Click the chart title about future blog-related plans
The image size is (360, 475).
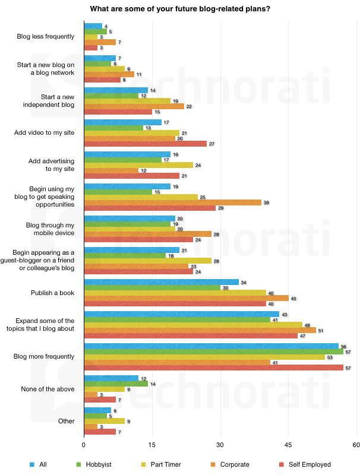(x=179, y=9)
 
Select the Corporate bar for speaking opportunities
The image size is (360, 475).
(x=172, y=202)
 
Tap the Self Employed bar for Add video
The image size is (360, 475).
(x=145, y=144)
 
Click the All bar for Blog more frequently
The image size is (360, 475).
(x=211, y=346)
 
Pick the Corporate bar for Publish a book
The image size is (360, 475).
(x=186, y=298)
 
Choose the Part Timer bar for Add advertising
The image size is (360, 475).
(x=138, y=164)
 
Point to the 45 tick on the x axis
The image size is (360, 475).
(x=288, y=445)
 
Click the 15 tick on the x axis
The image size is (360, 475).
(x=152, y=445)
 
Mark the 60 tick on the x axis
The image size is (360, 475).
(x=356, y=445)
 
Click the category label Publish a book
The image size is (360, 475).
(x=52, y=293)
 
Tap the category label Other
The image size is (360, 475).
(x=67, y=421)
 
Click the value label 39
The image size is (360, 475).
(x=266, y=202)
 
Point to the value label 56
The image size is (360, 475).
(x=343, y=346)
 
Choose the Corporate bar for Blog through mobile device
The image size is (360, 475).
(x=147, y=234)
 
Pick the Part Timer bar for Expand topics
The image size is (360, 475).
(x=193, y=324)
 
